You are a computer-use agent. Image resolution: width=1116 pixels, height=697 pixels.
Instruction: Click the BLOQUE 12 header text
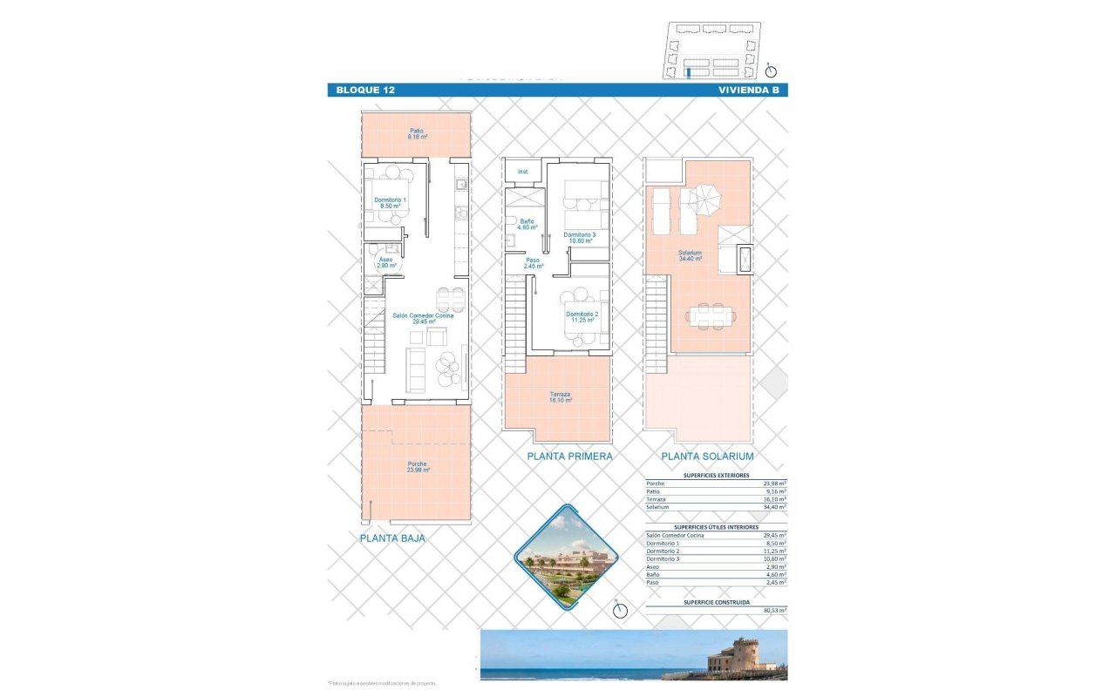pyautogui.click(x=365, y=90)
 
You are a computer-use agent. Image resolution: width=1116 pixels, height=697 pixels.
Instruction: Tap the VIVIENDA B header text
pyautogui.click(x=748, y=90)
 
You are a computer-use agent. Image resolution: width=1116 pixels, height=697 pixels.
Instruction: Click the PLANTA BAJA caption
pyautogui.click(x=392, y=538)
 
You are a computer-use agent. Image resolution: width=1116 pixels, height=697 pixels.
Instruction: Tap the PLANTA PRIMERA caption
pyautogui.click(x=569, y=456)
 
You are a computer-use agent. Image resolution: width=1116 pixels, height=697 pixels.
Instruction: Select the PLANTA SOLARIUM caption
pyautogui.click(x=707, y=456)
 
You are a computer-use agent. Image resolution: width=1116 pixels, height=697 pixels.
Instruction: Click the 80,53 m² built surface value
pyautogui.click(x=773, y=611)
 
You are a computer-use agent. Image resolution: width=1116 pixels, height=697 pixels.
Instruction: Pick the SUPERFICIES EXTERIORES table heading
pyautogui.click(x=716, y=476)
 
